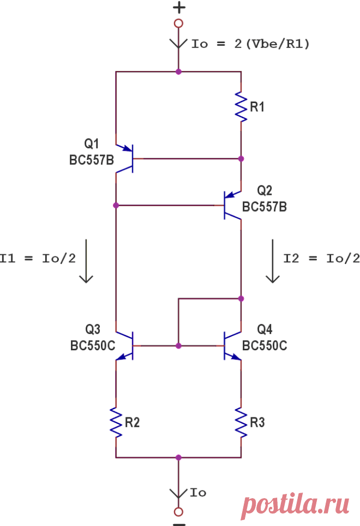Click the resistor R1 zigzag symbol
pos(241,107)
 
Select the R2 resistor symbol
pos(116,422)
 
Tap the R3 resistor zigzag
pos(241,422)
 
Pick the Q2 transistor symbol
pos(232,205)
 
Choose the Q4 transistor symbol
pos(232,346)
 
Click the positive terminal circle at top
pos(179,23)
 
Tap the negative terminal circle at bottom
pos(179,512)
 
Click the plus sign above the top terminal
pos(179,8)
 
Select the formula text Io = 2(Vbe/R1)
pos(250,44)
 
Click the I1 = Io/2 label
pos(38,258)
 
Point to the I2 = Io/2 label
pos(322,258)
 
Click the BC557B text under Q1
pos(92,160)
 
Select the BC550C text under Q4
pos(265,345)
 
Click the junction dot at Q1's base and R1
pos(241,159)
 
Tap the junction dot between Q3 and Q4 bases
pos(179,346)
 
